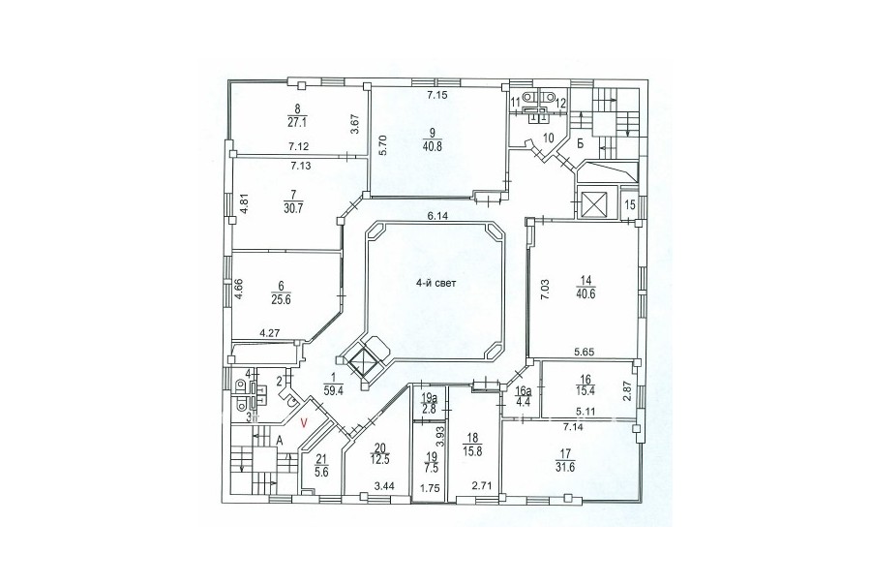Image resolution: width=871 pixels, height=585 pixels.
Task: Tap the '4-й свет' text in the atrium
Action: (436, 283)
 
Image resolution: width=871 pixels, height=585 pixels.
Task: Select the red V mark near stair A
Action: (303, 422)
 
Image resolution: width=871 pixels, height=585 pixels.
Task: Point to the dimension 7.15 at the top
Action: (437, 95)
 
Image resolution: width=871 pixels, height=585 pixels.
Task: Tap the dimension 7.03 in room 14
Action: (547, 290)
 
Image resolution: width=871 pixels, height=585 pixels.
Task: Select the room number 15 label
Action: (629, 204)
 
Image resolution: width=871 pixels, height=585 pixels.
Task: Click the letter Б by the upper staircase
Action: (580, 144)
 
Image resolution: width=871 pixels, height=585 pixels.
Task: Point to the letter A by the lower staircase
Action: (280, 441)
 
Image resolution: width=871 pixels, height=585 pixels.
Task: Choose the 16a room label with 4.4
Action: (521, 395)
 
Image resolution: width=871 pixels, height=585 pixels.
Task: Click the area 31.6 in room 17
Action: (566, 467)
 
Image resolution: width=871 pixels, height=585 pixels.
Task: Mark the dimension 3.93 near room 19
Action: (438, 437)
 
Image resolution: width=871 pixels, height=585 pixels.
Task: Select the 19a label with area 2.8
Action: (429, 404)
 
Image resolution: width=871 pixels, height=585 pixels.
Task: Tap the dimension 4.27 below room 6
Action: (270, 333)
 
